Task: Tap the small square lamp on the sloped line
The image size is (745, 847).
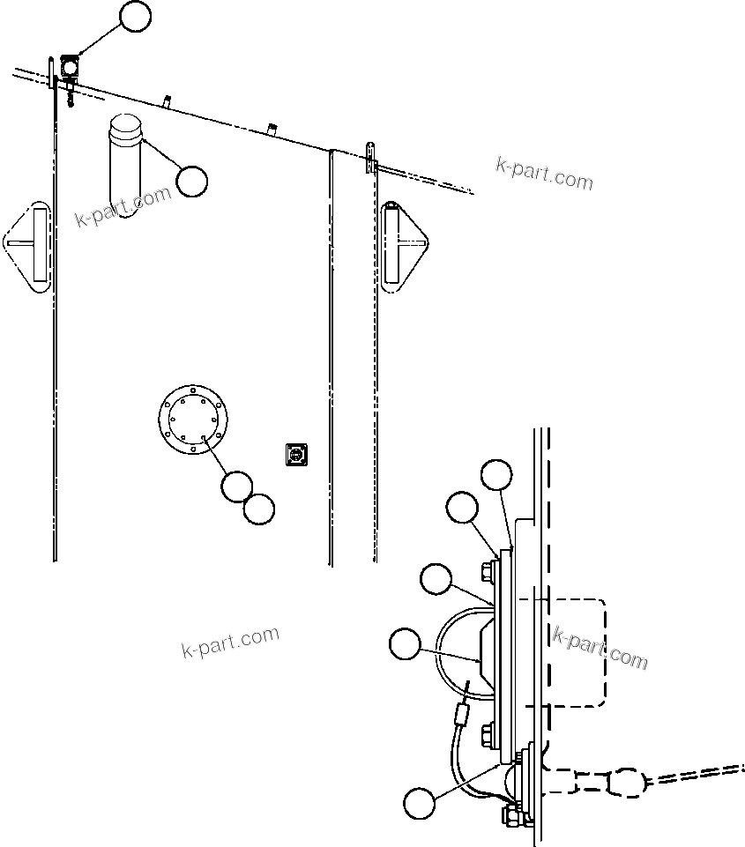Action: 70,66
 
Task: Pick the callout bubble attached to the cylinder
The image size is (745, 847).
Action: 191,181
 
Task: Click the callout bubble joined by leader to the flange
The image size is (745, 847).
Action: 236,486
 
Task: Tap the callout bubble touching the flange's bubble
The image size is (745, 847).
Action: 258,508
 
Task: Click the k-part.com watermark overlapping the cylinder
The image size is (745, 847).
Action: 123,206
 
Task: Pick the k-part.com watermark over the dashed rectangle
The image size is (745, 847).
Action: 600,648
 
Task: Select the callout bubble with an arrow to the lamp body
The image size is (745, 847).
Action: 404,644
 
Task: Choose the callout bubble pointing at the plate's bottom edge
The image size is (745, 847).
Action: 419,803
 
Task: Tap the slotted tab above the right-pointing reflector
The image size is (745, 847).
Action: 372,155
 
